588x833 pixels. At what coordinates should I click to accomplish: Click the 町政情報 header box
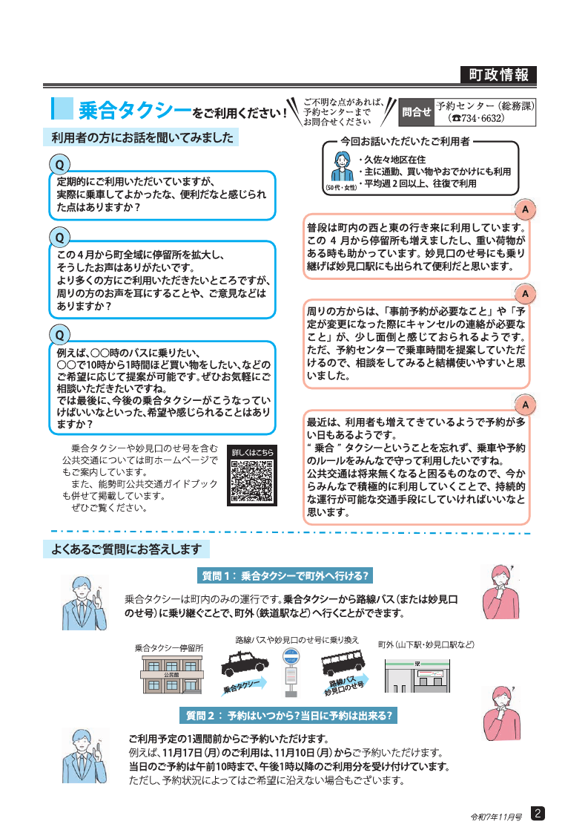(498, 75)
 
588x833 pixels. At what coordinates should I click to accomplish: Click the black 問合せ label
(416, 112)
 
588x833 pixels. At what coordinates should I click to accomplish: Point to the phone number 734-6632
(482, 118)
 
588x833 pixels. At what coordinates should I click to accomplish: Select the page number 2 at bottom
(538, 813)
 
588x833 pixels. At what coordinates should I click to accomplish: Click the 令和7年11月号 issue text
(496, 815)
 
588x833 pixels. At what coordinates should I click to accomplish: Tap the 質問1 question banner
(285, 575)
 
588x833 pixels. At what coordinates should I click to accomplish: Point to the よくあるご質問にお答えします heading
(127, 549)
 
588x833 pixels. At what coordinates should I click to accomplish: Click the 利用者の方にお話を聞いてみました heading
(142, 137)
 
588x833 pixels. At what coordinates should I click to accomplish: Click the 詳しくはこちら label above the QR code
(252, 451)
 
